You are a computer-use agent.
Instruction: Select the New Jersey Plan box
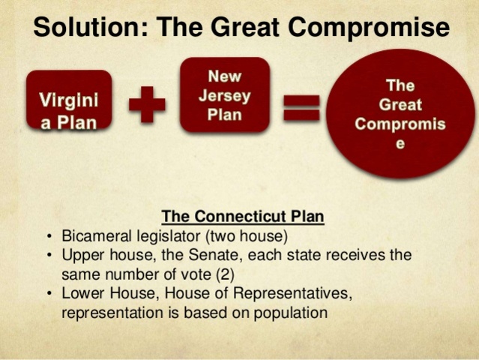224,94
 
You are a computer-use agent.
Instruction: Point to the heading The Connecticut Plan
243,217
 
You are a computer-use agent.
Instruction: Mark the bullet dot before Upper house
49,254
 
